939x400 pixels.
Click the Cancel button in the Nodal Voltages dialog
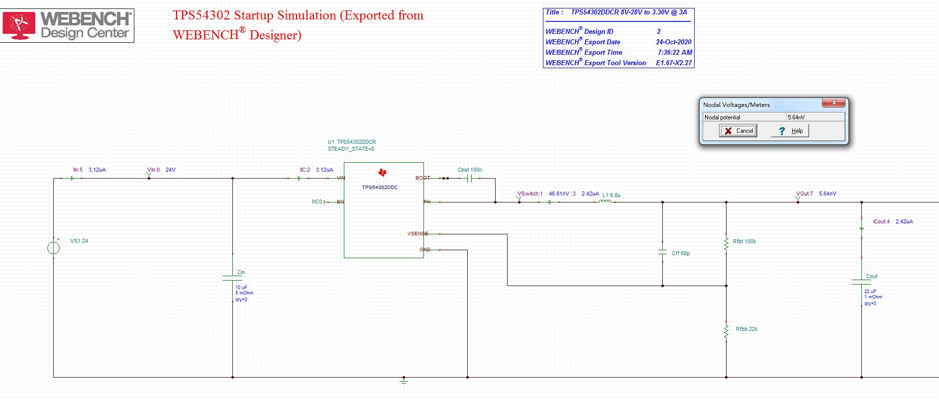[x=738, y=131]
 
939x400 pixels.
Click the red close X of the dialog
[x=834, y=103]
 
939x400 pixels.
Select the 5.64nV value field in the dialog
[x=815, y=117]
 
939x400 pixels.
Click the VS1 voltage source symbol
[x=54, y=247]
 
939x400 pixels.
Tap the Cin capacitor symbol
[x=232, y=277]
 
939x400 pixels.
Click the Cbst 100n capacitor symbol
[x=469, y=178]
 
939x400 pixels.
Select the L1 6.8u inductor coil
[x=605, y=201]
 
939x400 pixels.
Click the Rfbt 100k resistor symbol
[x=726, y=243]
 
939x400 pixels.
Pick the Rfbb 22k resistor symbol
[x=726, y=331]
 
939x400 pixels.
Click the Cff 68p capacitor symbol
[x=662, y=253]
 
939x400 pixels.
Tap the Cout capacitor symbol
[x=861, y=282]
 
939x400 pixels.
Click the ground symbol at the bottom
[x=404, y=381]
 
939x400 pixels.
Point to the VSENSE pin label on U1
[x=417, y=234]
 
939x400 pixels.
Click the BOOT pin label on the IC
[x=422, y=178]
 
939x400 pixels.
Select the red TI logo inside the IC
[x=382, y=173]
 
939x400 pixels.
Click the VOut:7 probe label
[x=804, y=194]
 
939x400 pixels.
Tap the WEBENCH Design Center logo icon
[x=19, y=25]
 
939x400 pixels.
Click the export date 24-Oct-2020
[x=673, y=42]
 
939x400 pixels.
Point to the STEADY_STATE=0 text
[x=351, y=149]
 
